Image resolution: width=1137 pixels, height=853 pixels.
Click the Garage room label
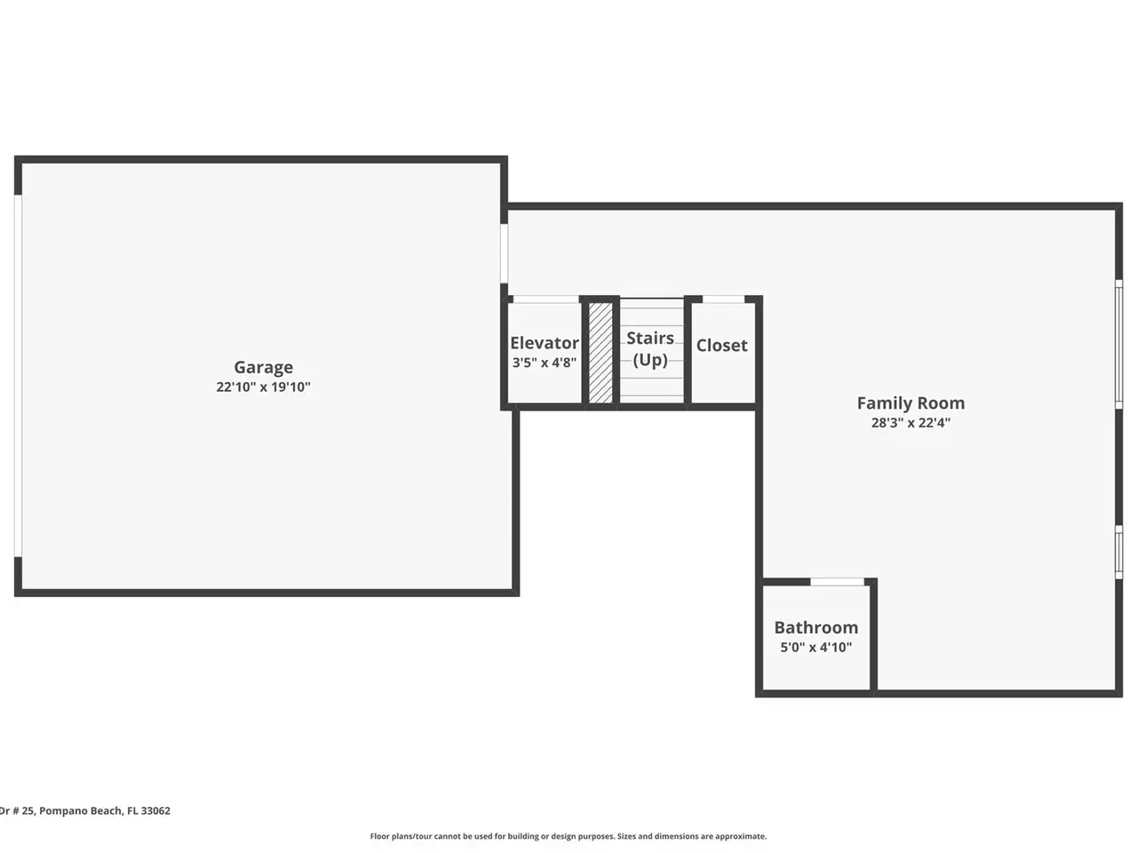(x=263, y=368)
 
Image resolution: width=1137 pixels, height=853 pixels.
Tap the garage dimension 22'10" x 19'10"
(x=263, y=387)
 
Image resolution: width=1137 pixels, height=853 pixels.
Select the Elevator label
(x=545, y=343)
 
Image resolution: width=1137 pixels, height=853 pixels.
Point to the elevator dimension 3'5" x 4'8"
(x=545, y=363)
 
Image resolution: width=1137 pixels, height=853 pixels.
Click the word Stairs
(x=650, y=339)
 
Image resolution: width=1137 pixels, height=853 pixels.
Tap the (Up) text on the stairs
(x=650, y=360)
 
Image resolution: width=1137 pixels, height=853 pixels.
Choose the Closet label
(x=721, y=346)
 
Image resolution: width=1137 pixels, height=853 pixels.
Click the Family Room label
(x=910, y=403)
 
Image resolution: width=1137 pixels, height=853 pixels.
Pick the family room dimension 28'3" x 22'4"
(x=910, y=423)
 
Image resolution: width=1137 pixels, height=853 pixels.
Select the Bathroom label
(x=815, y=627)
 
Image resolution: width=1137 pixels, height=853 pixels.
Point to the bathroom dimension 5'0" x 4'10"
(x=815, y=648)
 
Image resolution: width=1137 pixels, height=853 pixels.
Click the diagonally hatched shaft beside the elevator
(x=600, y=353)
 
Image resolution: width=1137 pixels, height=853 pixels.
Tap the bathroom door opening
(x=837, y=582)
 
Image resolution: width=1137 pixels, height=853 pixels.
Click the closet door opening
(x=723, y=299)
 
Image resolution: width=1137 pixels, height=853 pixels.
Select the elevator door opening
(x=546, y=299)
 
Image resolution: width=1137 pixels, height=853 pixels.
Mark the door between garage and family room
(x=504, y=253)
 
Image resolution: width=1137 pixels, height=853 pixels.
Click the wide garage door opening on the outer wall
(x=18, y=376)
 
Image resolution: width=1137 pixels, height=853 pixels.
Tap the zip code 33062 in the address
(x=155, y=810)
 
